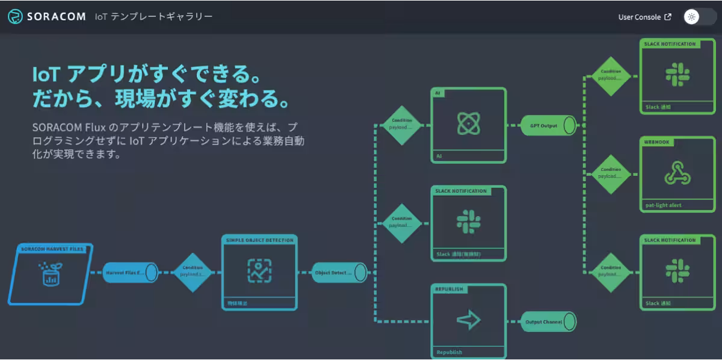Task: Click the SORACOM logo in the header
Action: click(x=46, y=17)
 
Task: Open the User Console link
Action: click(x=644, y=17)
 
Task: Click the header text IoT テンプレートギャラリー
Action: click(x=153, y=17)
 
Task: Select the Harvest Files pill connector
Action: click(x=130, y=272)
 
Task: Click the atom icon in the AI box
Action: click(x=469, y=123)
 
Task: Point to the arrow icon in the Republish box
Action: click(x=469, y=320)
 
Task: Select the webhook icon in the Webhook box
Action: click(x=677, y=173)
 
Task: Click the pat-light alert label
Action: click(x=659, y=205)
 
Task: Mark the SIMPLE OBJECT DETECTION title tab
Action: click(x=259, y=240)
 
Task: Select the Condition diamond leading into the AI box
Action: click(x=402, y=125)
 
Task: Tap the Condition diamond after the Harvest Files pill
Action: click(x=193, y=272)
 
